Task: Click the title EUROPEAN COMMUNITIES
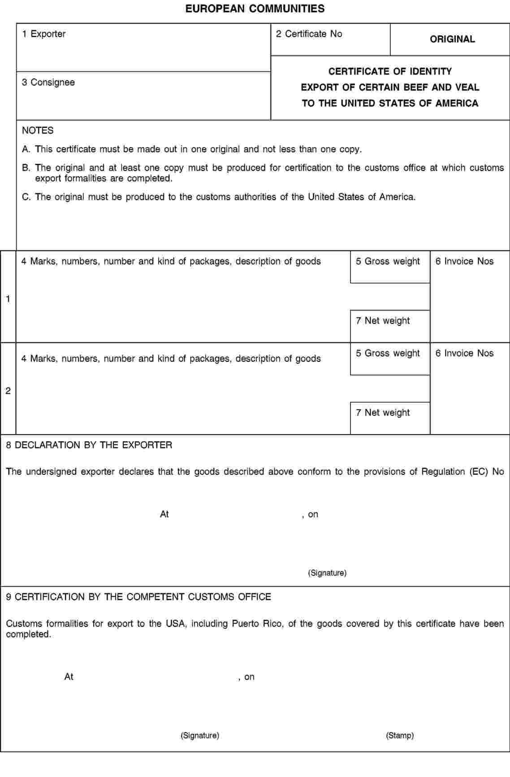[255, 9]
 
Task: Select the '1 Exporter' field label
[44, 34]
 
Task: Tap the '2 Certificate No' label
[309, 34]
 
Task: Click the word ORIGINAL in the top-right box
[452, 39]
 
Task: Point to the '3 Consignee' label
[48, 82]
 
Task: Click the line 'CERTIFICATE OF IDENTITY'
[390, 72]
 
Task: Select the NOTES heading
[38, 130]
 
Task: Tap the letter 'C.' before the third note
[26, 197]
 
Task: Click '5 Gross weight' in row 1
[388, 261]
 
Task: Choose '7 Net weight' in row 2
[383, 413]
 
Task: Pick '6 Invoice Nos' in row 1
[464, 261]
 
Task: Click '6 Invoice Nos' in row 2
[464, 353]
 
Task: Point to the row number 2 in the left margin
[8, 391]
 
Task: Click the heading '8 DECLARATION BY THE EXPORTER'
[89, 445]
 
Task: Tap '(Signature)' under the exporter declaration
[327, 573]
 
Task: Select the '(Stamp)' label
[400, 735]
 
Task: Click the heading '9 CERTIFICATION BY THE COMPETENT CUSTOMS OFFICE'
[138, 597]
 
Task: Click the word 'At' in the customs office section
[69, 677]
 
